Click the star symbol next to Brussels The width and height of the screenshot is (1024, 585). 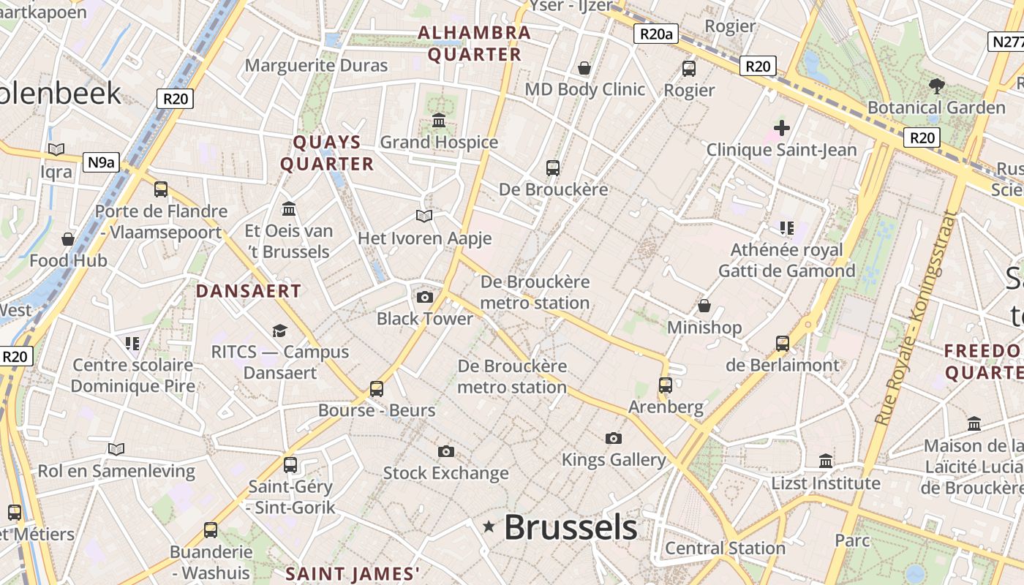[489, 526]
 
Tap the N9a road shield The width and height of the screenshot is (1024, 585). [100, 162]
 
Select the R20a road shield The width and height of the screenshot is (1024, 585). [655, 34]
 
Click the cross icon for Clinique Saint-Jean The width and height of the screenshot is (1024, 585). [781, 129]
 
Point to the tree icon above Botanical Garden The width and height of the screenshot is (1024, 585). [936, 86]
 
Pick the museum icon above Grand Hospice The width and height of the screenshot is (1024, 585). [439, 121]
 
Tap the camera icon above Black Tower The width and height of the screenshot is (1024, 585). [424, 297]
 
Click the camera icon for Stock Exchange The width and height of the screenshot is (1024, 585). [445, 451]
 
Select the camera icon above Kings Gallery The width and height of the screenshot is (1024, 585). [613, 439]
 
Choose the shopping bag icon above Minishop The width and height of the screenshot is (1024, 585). [704, 306]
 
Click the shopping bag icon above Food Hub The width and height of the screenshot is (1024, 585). [68, 239]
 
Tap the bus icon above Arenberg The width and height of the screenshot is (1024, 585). [665, 385]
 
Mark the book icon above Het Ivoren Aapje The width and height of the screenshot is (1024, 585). [424, 216]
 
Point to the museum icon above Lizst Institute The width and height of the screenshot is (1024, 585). [826, 461]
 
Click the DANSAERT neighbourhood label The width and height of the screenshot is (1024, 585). [248, 291]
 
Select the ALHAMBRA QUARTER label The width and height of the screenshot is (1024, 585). [474, 43]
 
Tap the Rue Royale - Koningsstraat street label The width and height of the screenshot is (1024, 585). [915, 319]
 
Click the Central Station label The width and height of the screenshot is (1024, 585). [725, 548]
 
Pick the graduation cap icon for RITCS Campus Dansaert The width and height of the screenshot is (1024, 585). [279, 331]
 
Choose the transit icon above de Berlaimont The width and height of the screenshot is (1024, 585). [782, 343]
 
